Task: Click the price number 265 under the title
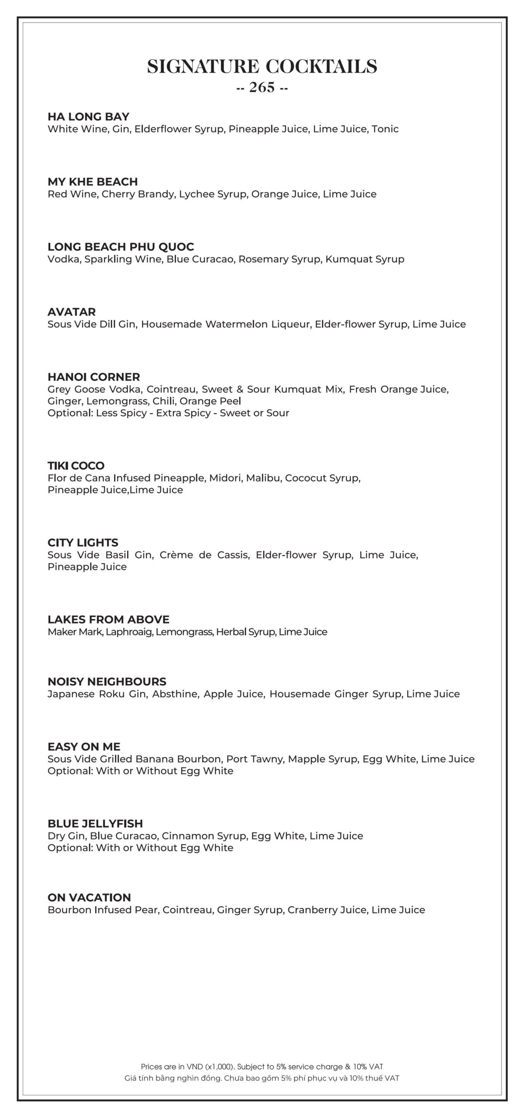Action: (x=262, y=88)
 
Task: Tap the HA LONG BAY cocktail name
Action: (x=88, y=117)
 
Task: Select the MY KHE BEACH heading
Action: (x=93, y=182)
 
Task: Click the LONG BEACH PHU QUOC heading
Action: (x=121, y=247)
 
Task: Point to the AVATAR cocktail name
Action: (x=72, y=312)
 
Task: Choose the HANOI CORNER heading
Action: (x=94, y=377)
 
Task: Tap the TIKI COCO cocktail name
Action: (x=76, y=466)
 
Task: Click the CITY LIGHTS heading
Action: (x=83, y=542)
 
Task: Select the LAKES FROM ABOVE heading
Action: (x=108, y=619)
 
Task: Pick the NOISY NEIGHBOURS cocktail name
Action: (x=107, y=682)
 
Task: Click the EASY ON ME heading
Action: (x=84, y=747)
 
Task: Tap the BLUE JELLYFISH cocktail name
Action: (x=95, y=824)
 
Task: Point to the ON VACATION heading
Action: (x=89, y=897)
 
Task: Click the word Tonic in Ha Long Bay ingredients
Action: (x=385, y=129)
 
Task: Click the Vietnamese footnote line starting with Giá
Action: (x=262, y=1078)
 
